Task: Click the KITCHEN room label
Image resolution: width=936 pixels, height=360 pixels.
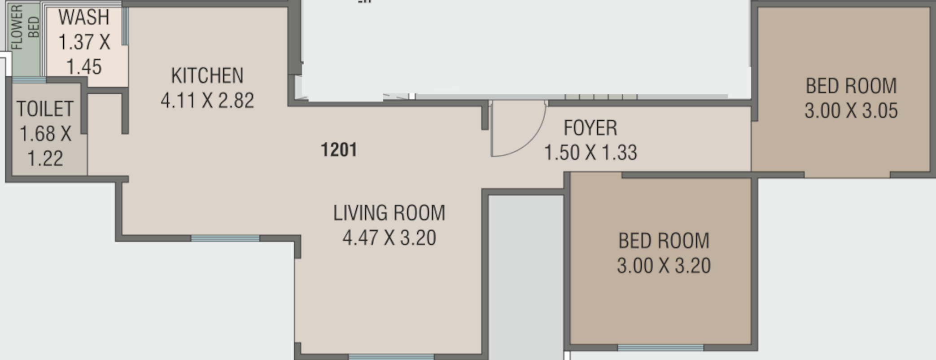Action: pos(207,75)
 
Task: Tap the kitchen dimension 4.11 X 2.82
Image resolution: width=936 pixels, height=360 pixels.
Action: pos(207,100)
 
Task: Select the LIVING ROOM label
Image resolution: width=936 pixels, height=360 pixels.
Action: pos(389,213)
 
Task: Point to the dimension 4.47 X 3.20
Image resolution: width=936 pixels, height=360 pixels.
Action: pos(389,237)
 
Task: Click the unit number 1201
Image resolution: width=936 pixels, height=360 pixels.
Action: pos(339,149)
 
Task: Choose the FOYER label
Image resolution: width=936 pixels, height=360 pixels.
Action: pos(590,128)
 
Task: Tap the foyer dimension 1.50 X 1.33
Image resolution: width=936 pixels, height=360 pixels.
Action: pos(590,153)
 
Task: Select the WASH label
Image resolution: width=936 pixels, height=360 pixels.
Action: pos(84,17)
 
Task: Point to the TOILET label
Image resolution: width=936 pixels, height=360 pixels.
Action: pos(45,109)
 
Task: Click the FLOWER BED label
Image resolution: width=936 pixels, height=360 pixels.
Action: pos(25,27)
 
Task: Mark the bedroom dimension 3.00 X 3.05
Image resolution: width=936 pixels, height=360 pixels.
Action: pos(851,110)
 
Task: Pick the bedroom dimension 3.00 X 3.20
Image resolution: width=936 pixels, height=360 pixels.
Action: pos(664,266)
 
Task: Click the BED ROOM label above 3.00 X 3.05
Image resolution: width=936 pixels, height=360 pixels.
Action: pos(851,86)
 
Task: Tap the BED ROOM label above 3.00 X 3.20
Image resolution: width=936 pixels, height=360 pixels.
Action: pos(664,241)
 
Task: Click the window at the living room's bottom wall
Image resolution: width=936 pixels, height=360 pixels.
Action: pos(391,357)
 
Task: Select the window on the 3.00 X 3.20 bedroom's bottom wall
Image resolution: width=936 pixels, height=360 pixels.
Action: pos(660,347)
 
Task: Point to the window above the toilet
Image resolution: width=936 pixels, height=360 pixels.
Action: pos(29,80)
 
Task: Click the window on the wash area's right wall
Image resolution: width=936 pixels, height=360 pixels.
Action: pos(125,26)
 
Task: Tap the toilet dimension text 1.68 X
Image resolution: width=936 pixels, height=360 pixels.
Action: pos(45,134)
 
